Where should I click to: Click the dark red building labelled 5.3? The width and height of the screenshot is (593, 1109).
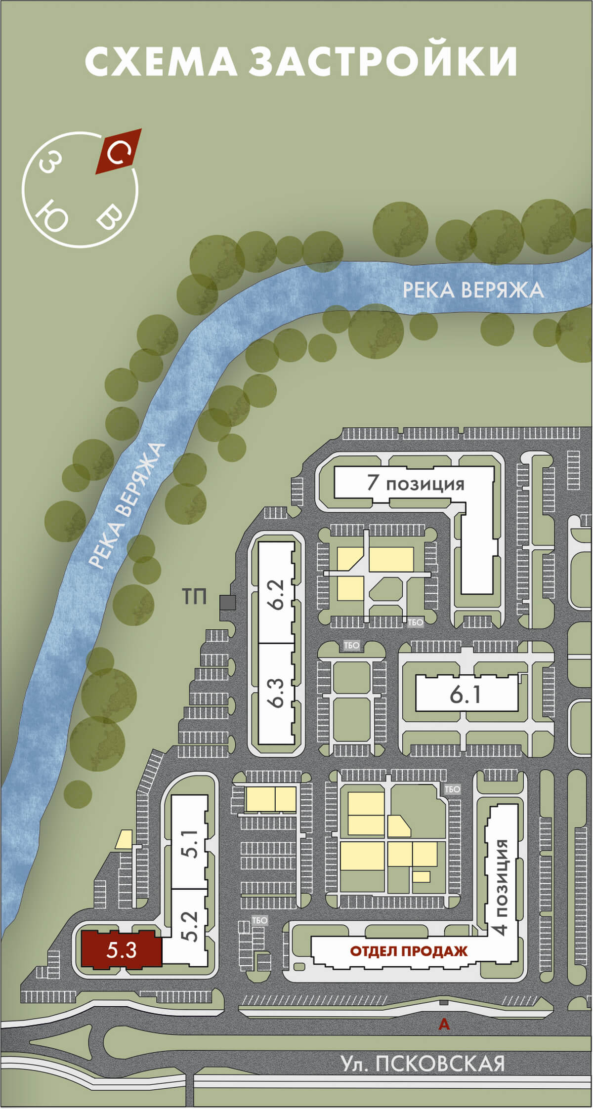122,949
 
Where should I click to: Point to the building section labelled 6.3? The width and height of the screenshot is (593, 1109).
277,694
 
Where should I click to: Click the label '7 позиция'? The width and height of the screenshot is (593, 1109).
416,483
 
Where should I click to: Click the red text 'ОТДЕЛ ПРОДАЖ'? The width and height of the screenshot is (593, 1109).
409,951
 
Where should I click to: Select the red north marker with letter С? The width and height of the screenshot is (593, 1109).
118,151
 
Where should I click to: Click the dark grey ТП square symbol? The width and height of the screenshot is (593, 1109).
227,602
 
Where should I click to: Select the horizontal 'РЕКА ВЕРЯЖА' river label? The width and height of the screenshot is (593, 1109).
473,290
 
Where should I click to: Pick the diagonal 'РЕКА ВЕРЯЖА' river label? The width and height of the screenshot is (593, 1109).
126,505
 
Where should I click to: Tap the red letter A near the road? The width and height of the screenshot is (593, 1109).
444,1025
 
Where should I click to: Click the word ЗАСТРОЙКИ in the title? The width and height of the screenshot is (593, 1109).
383,61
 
